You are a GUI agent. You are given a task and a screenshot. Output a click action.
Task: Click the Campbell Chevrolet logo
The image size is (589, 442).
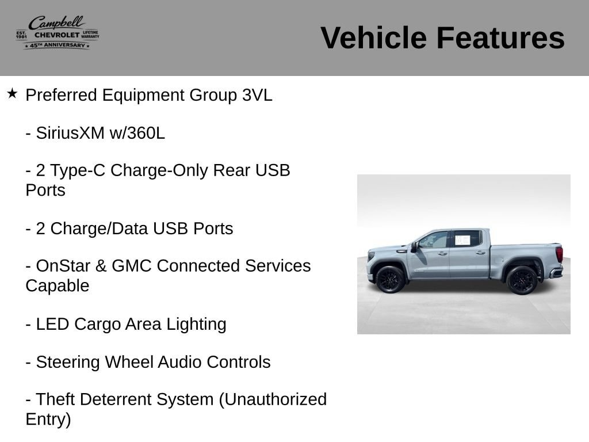(58, 32)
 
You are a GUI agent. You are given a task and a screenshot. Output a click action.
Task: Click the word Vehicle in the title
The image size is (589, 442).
(373, 37)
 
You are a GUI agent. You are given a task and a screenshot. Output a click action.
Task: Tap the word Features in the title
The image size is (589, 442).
(500, 37)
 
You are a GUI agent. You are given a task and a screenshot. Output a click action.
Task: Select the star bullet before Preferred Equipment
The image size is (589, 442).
(12, 93)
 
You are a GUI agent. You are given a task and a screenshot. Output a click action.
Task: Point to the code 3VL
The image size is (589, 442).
(257, 95)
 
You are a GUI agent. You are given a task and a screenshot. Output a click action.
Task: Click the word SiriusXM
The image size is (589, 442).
(70, 133)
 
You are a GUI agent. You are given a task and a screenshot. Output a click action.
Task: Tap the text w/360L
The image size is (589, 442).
(137, 133)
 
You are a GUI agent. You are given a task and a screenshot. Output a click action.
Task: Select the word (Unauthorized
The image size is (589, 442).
(273, 400)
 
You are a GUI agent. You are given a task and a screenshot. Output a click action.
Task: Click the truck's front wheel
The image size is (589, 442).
(390, 280)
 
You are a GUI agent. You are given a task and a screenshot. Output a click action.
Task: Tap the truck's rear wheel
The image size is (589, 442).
(522, 280)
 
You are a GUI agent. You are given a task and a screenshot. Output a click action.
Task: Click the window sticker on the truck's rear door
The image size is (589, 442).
(462, 240)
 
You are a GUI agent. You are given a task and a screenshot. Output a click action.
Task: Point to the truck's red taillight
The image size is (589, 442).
(560, 254)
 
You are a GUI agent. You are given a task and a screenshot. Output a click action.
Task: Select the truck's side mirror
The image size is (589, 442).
(414, 247)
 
